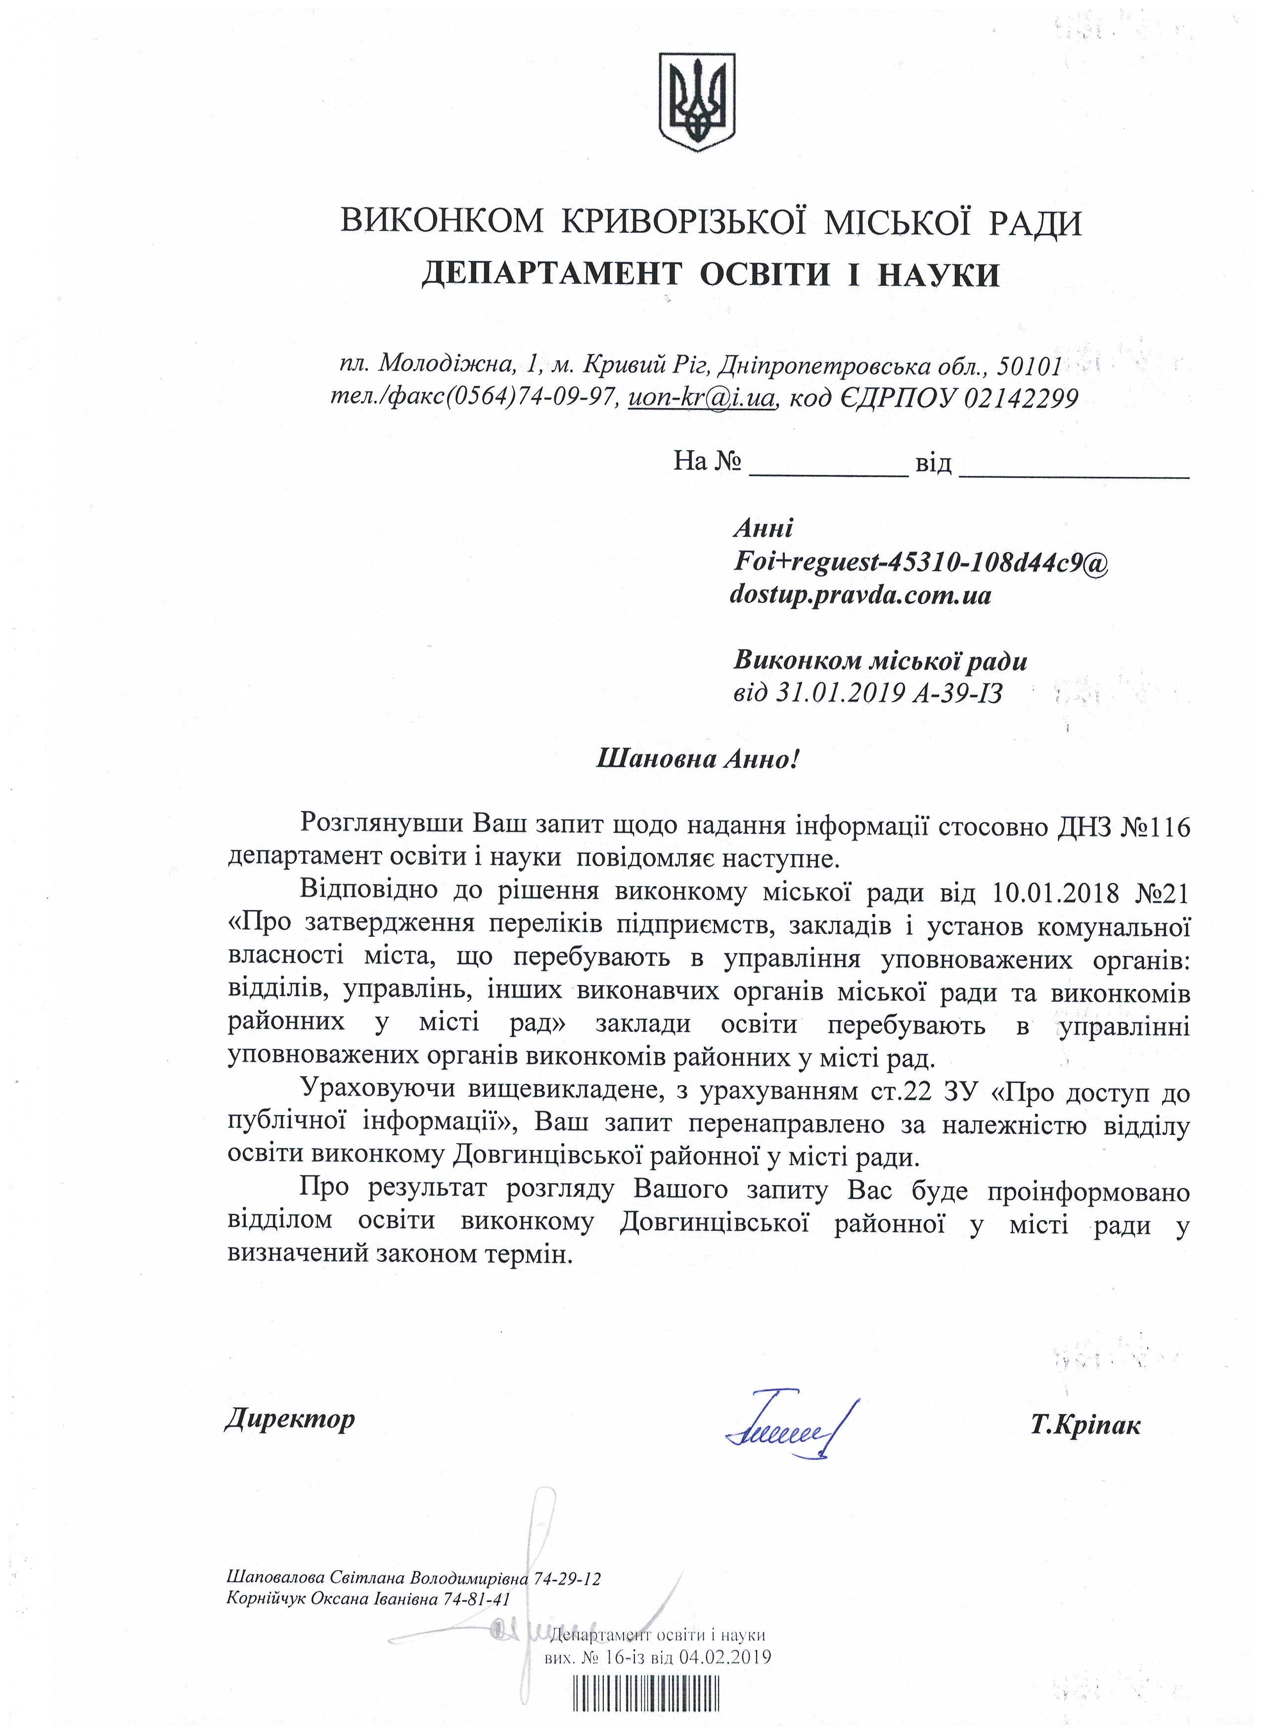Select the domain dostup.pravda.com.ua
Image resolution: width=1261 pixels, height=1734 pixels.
point(860,594)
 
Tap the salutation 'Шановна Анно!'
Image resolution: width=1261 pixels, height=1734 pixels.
point(697,758)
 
